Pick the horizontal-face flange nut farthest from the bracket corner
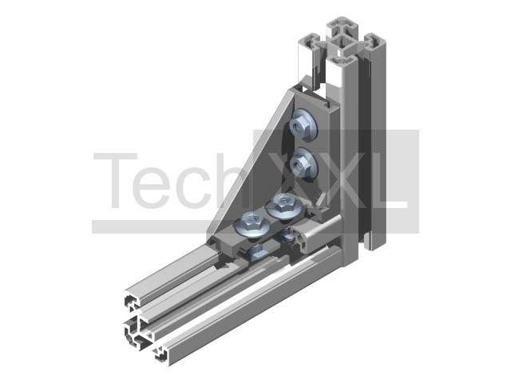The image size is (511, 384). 252,222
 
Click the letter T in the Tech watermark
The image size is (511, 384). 115,180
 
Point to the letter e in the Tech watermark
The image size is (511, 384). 153,187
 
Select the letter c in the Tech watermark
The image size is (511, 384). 192,187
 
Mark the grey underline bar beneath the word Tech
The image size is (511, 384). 153,226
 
